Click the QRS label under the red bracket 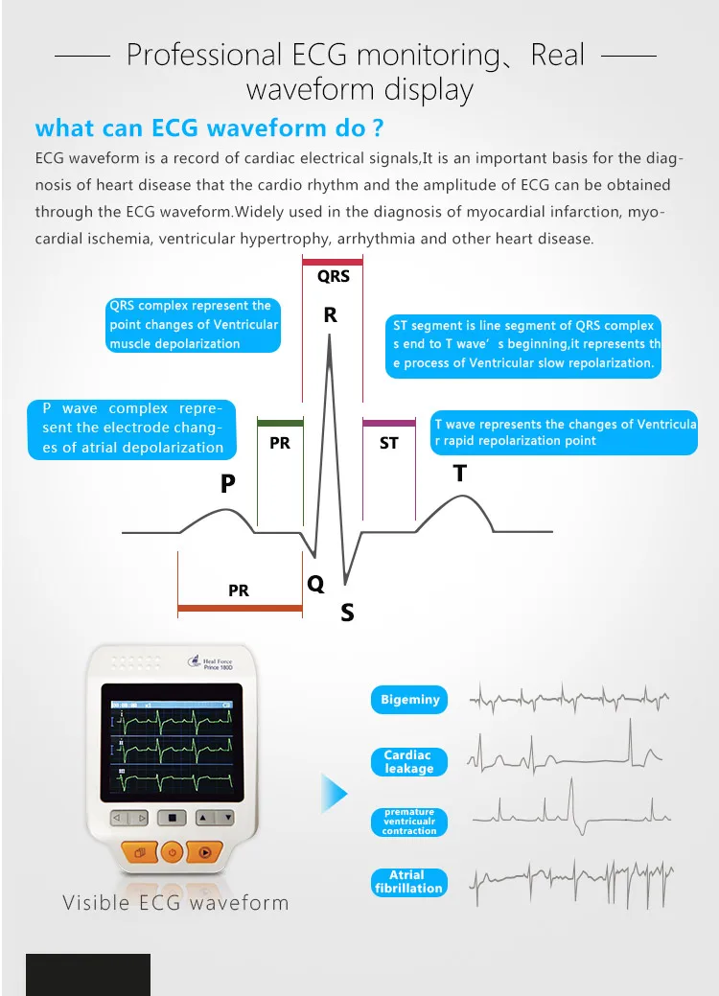(x=334, y=277)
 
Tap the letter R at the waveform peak (x=331, y=315)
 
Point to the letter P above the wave (x=227, y=485)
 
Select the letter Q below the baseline (x=315, y=584)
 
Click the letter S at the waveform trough (x=347, y=613)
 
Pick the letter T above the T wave (x=460, y=474)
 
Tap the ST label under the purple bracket (x=388, y=444)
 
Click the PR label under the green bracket (x=280, y=444)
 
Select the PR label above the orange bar (x=239, y=591)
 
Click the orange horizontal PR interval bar (x=240, y=608)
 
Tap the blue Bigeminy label (x=409, y=700)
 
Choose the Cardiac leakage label (x=409, y=762)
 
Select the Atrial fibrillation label (x=409, y=882)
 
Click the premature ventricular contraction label (x=409, y=822)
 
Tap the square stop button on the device (x=173, y=819)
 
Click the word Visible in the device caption (x=95, y=903)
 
